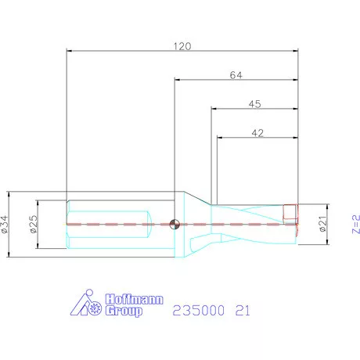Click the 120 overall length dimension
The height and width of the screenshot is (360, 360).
tap(182, 46)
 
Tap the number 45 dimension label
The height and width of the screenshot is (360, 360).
tap(255, 103)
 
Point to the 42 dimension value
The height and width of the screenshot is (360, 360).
tap(257, 133)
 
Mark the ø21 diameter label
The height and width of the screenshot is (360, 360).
tap(321, 225)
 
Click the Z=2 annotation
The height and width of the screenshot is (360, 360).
tap(354, 225)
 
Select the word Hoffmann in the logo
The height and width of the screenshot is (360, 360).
tap(123, 298)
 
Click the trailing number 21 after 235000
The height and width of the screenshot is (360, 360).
tap(243, 311)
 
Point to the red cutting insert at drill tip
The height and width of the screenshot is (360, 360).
tap(290, 211)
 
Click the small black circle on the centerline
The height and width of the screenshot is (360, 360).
tap(175, 225)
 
